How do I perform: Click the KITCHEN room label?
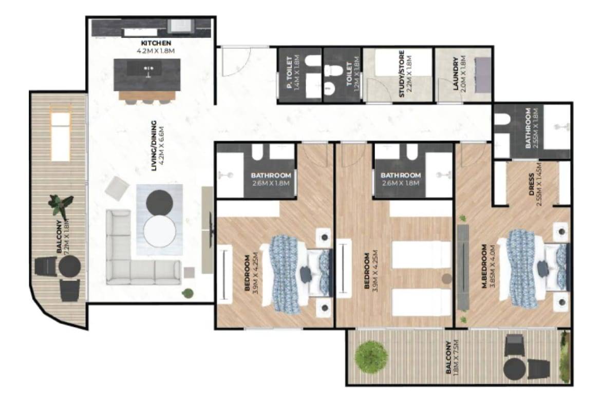pos(156,43)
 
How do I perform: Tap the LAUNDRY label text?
pos(455,74)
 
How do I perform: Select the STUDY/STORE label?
pos(401,73)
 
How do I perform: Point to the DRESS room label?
pos(531,185)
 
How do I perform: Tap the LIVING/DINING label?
pos(154,146)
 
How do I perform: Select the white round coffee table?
pos(159,232)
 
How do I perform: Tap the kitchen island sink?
pos(147,69)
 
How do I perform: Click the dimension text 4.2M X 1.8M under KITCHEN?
pos(156,50)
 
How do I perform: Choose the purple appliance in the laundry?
pos(483,75)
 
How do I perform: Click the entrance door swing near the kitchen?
pos(235,61)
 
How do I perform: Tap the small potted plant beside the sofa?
pos(187,294)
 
